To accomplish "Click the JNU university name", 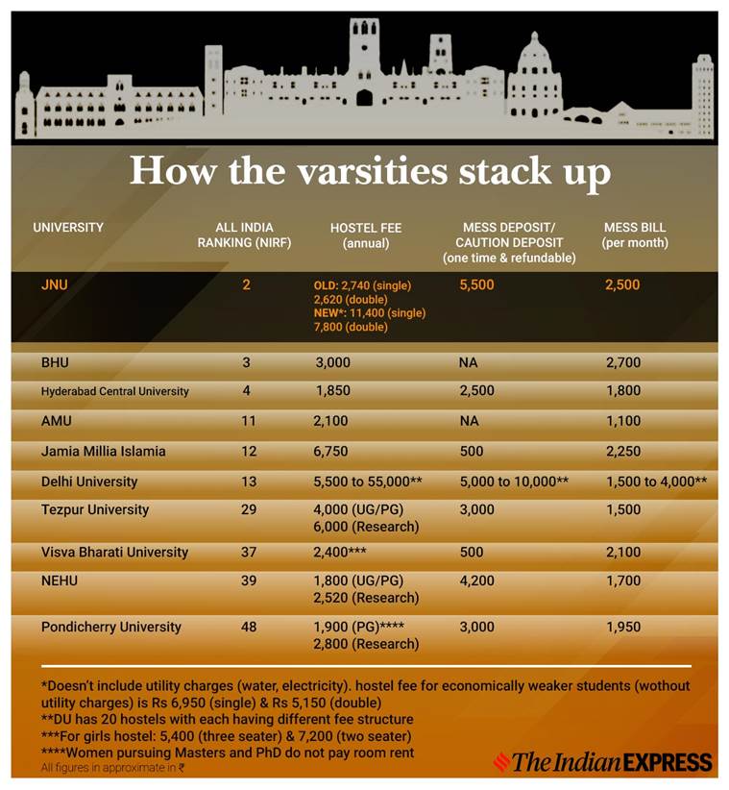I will pos(56,284).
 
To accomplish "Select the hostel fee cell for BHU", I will pos(332,363).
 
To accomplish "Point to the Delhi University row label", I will pos(89,481).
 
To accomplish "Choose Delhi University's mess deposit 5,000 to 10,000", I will pos(515,481).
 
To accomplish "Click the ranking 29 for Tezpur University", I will pos(249,509).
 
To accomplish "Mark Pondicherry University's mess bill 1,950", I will pos(622,627).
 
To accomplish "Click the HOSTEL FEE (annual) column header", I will pos(366,235).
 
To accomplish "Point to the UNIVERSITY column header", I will pos(68,228).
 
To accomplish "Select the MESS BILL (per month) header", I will pos(634,235).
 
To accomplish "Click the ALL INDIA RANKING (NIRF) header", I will pos(244,235).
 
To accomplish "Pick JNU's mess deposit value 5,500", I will pos(477,285).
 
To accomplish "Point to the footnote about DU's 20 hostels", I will pos(227,719).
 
